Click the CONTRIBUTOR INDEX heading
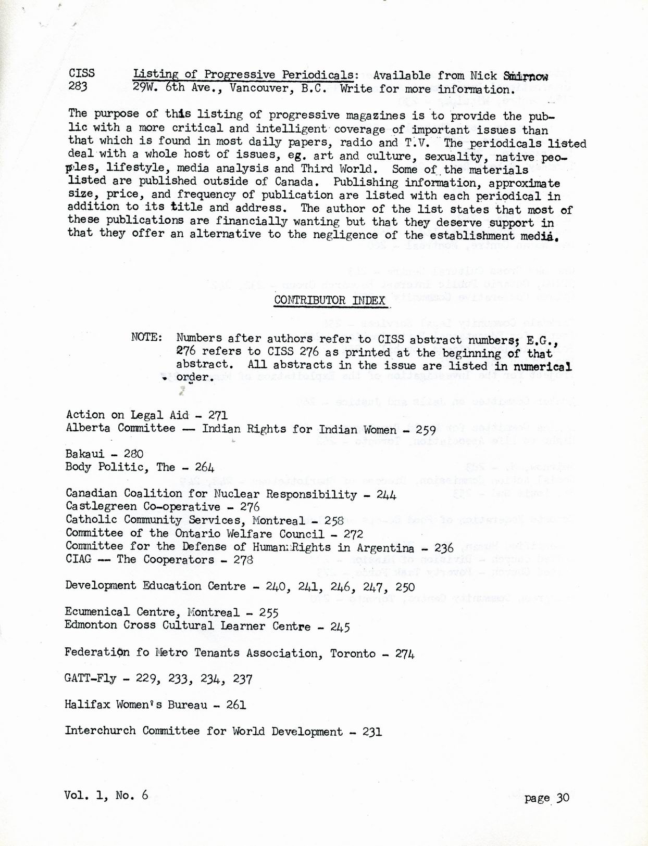[x=330, y=300]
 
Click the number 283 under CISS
[x=78, y=86]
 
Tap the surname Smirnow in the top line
[x=526, y=76]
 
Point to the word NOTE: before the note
[x=147, y=337]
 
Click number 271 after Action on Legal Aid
[x=217, y=415]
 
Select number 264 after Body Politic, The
[x=204, y=467]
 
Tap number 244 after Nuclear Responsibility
[x=386, y=495]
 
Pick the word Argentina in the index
[x=385, y=548]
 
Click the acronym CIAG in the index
[x=78, y=559]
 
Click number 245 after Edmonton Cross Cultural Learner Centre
[x=340, y=627]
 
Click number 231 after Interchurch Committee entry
[x=372, y=732]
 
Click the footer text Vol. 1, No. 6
[x=106, y=795]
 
